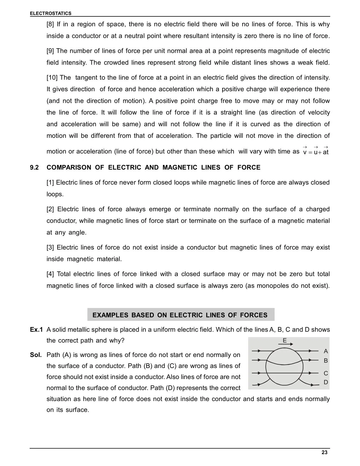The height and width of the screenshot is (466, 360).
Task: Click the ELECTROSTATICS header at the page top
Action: [51, 13]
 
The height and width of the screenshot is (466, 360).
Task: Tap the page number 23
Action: [324, 452]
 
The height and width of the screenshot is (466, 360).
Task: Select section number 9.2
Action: [34, 167]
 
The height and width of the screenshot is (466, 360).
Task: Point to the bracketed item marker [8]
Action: [50, 24]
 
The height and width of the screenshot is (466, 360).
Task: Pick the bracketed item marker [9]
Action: [50, 51]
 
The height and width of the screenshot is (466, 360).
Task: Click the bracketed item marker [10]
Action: [52, 77]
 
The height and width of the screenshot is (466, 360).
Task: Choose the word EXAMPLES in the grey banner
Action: [110, 315]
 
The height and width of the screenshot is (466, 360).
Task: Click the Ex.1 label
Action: [36, 330]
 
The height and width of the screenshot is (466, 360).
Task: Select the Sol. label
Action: [36, 355]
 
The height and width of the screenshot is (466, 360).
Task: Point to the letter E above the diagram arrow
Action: [285, 340]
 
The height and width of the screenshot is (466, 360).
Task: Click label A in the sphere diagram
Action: [326, 351]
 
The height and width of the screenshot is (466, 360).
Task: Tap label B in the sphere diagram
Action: [326, 361]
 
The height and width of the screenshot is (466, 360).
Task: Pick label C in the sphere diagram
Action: [326, 373]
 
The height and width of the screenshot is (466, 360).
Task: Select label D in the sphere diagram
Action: [326, 382]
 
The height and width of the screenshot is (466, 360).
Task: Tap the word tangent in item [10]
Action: [88, 77]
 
